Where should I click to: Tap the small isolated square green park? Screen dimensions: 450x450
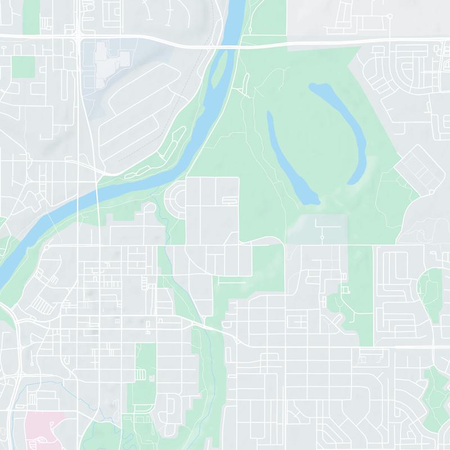tap(23, 67)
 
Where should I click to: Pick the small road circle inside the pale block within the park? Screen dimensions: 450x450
tap(322, 238)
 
